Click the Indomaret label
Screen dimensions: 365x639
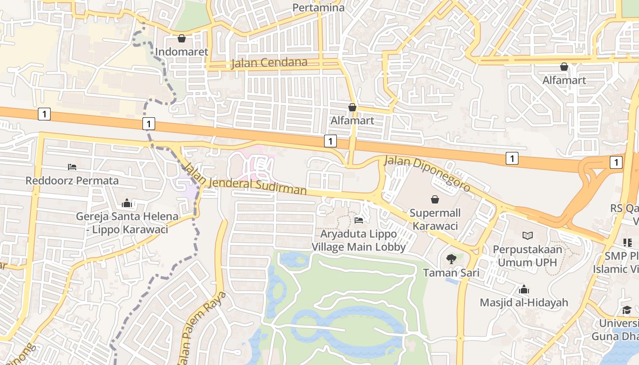pos(182,52)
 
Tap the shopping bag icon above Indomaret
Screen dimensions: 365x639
pos(182,38)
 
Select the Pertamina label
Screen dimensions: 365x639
pos(319,7)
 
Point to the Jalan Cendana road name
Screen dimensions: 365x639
pos(269,63)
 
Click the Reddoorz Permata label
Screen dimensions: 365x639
pos(72,180)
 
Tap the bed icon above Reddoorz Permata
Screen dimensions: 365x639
pos(72,167)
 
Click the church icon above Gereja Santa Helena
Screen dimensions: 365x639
pos(127,203)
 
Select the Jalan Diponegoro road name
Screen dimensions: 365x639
pos(427,173)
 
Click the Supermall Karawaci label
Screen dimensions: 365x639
pos(435,219)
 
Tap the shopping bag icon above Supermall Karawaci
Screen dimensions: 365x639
pos(435,199)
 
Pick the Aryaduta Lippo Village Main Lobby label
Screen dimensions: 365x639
pos(359,240)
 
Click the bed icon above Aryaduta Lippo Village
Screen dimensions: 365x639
pos(359,220)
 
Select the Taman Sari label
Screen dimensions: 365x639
pos(451,273)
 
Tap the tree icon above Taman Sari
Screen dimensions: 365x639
pos(451,259)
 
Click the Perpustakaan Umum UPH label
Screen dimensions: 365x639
pos(527,256)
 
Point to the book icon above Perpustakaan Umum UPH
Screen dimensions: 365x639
pos(528,236)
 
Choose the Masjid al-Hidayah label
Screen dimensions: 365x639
pos(524,302)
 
